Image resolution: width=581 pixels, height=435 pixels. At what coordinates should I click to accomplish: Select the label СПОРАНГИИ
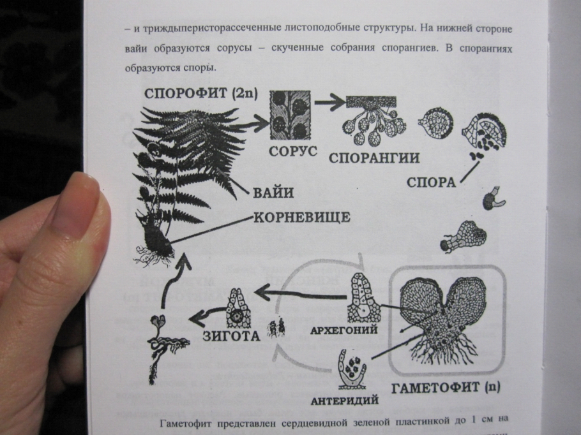click(374, 158)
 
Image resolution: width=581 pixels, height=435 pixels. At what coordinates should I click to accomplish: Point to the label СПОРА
click(431, 182)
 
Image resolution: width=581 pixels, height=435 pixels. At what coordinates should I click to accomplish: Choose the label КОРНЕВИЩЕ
click(302, 217)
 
